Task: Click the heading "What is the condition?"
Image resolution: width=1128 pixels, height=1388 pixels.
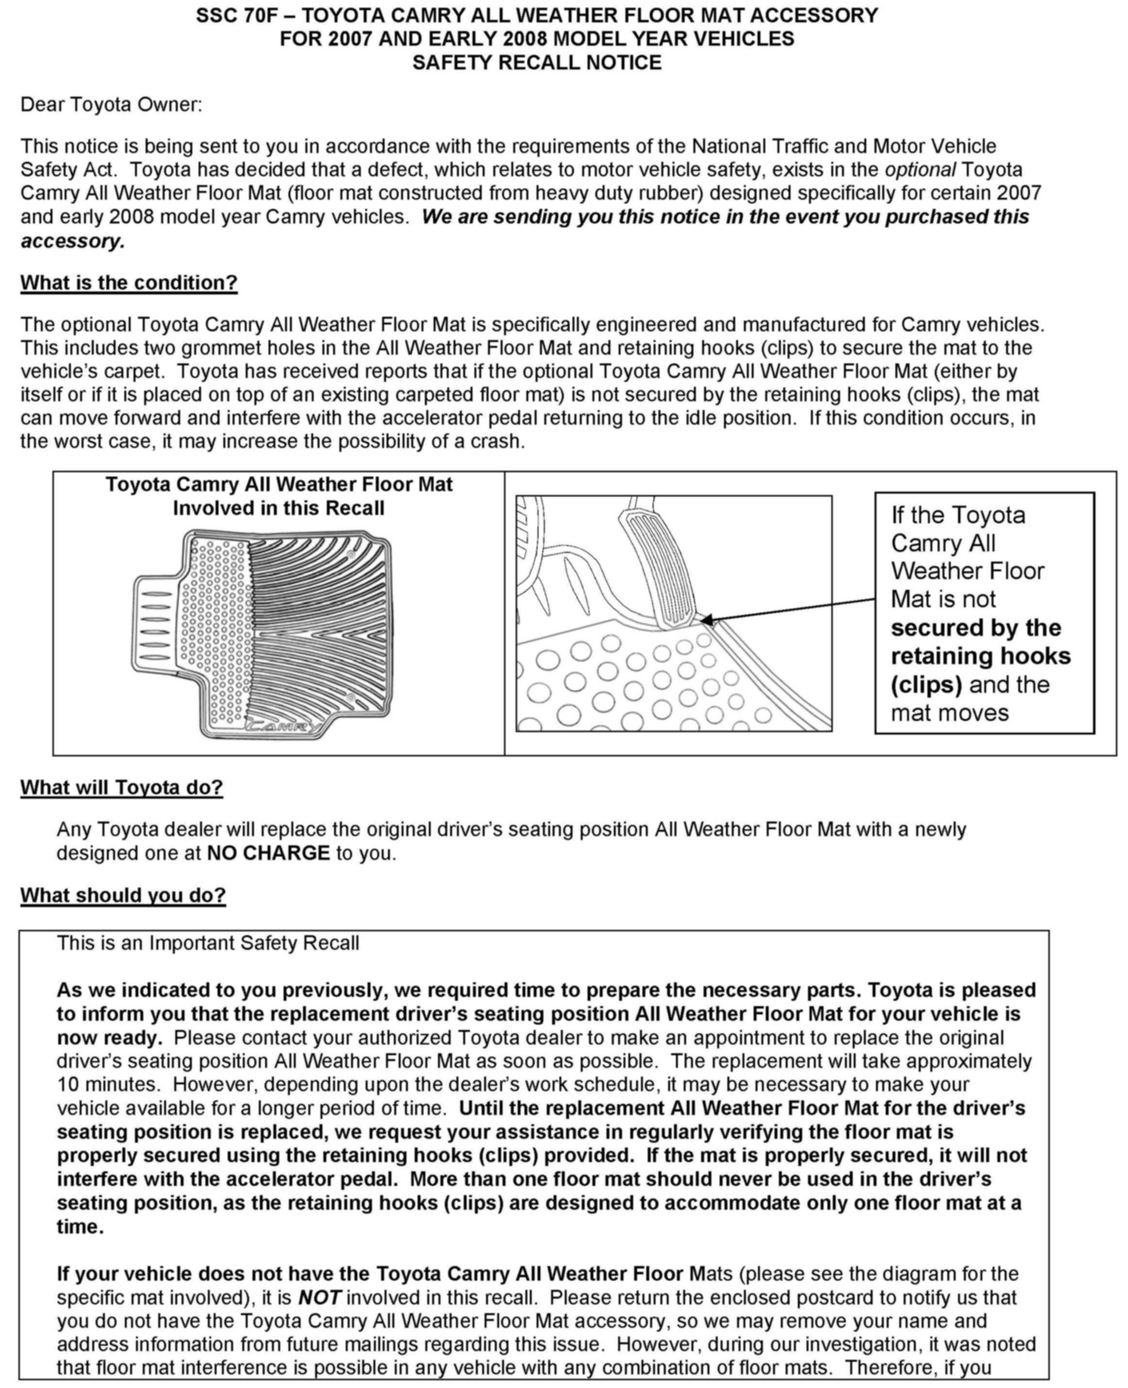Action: [129, 283]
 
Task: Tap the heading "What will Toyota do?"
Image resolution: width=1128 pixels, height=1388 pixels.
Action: [121, 788]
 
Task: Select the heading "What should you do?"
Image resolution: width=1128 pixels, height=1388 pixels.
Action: [123, 895]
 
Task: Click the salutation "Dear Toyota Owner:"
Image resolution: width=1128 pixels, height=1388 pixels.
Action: [111, 104]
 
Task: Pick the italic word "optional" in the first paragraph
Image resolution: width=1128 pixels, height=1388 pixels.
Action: [920, 170]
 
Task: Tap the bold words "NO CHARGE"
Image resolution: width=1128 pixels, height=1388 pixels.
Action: [269, 853]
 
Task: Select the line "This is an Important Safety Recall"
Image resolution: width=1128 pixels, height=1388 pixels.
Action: [208, 943]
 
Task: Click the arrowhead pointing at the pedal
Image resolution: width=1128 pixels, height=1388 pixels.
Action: [707, 619]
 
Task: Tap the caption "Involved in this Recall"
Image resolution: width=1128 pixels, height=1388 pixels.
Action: [278, 508]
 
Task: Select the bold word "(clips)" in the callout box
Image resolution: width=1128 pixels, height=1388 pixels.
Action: [926, 685]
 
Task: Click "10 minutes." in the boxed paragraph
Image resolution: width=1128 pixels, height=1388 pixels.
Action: [108, 1084]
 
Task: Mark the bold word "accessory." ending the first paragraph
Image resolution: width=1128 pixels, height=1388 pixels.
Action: [73, 241]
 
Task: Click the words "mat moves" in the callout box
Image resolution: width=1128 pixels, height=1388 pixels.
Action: [949, 713]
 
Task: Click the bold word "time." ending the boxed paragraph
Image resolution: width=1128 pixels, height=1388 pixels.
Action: [80, 1227]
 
